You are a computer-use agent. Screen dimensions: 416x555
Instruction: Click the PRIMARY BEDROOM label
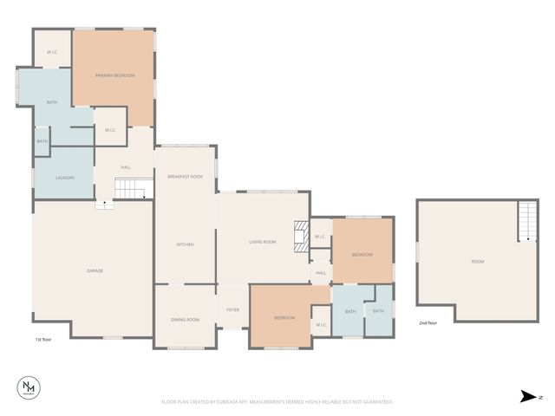(x=114, y=76)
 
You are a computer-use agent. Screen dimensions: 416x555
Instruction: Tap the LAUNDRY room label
(x=65, y=178)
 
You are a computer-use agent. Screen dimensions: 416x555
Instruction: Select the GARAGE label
(x=95, y=271)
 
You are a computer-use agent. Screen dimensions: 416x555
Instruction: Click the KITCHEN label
(x=185, y=244)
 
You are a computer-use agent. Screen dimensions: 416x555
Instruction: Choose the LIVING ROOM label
(x=262, y=242)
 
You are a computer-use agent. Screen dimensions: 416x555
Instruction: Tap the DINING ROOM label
(x=185, y=320)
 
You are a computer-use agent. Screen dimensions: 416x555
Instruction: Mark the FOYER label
(x=232, y=309)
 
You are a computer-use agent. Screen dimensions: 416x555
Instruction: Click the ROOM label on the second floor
(x=477, y=262)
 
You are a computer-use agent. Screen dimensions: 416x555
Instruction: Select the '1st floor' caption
(x=44, y=340)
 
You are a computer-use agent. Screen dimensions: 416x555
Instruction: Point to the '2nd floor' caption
(x=428, y=322)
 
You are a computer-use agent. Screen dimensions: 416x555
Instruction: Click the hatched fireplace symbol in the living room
(x=300, y=237)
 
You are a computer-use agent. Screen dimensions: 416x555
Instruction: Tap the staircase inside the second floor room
(x=526, y=222)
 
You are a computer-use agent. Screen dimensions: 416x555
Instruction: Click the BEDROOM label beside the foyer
(x=284, y=318)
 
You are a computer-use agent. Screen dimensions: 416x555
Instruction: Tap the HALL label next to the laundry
(x=126, y=167)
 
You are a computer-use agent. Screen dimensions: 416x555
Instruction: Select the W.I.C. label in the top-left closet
(x=52, y=52)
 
